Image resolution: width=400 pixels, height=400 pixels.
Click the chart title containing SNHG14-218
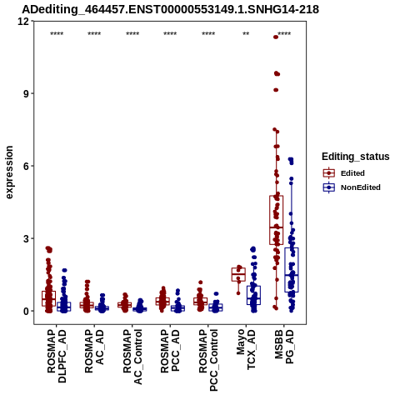(x=170, y=9)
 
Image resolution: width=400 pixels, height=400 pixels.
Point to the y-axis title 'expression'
(x=9, y=172)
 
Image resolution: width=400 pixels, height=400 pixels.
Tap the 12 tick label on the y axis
(x=23, y=21)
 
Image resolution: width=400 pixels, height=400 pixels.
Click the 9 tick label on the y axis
(x=27, y=93)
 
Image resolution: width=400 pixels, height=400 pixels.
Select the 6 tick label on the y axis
(x=27, y=166)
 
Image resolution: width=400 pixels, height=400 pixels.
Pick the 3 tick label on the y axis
(x=27, y=238)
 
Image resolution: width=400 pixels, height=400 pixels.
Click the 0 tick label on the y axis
(x=27, y=311)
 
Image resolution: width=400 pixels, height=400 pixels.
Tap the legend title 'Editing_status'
(x=355, y=157)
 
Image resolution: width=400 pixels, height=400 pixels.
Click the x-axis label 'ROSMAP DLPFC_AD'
(x=57, y=356)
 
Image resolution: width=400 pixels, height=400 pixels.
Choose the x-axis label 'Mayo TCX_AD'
(x=246, y=349)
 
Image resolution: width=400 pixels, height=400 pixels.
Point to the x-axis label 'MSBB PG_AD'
(x=284, y=347)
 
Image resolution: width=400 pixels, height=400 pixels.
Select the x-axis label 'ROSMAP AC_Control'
(x=132, y=357)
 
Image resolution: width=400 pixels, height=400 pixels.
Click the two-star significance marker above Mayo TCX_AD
(x=246, y=34)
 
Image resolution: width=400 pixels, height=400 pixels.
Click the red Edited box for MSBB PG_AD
(x=276, y=220)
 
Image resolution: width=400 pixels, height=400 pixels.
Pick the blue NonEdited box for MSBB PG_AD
(x=292, y=270)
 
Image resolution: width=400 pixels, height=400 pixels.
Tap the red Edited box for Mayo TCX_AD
(x=238, y=274)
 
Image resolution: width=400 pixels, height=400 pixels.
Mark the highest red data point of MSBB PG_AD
(x=276, y=37)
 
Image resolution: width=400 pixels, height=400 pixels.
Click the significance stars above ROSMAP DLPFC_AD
(x=57, y=34)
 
